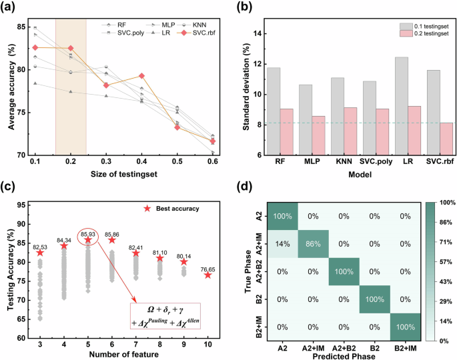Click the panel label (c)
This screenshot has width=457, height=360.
[x=9, y=185]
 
